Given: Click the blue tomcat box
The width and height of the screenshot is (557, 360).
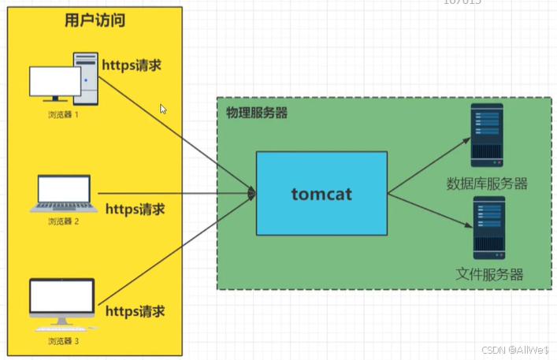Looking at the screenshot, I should pos(321,194).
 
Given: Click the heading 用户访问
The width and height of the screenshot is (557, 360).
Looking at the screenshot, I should pos(95,21).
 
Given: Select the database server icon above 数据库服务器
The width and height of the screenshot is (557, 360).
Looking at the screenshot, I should pos(486,135).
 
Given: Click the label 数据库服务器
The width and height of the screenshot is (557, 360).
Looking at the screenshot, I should pos(487,184).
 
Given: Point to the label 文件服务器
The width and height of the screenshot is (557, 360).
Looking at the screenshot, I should pos(489,275).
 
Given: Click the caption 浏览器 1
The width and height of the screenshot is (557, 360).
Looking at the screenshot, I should pos(63,115).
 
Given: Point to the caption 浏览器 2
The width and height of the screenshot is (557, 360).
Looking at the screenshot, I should pos(63,222).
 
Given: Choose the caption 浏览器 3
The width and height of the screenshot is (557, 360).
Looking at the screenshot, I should pos(63,341).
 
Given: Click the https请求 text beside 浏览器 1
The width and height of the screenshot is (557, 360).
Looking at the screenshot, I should pos(131,65).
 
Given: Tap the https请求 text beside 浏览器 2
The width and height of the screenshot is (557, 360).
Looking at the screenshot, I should pos(135,210).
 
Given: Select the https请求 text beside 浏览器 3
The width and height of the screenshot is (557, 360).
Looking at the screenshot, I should pos(135,311).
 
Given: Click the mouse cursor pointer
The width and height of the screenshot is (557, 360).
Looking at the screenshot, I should pos(163,109).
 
